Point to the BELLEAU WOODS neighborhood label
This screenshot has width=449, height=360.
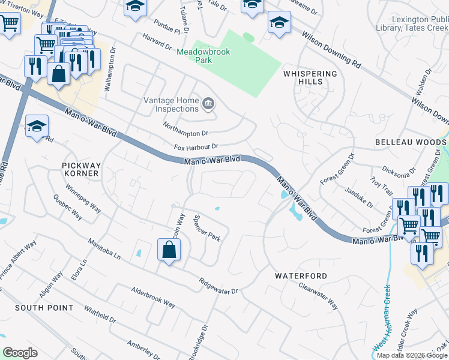pos(411,142)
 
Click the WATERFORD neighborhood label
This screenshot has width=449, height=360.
pos(301,276)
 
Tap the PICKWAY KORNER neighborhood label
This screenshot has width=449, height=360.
pos(80,169)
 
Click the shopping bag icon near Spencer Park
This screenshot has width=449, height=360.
pos(169,250)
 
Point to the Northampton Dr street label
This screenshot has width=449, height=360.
pos(185,129)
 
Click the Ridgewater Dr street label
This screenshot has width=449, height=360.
pos(218,286)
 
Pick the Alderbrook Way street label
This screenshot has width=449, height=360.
pos(153,297)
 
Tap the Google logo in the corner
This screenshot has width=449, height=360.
pos(20,353)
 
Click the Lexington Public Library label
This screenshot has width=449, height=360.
pos(420,23)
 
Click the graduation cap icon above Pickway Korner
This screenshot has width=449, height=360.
pos(37,126)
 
